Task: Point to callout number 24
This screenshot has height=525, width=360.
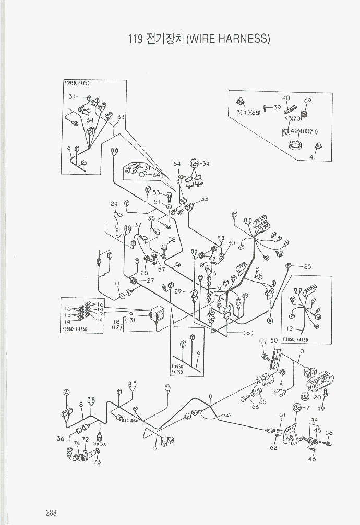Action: click(114, 204)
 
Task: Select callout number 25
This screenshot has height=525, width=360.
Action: click(307, 267)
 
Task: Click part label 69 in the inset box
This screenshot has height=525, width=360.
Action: click(307, 101)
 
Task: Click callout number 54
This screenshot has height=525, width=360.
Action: click(177, 165)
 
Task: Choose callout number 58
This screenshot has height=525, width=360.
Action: click(171, 240)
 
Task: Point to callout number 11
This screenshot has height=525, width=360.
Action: click(118, 283)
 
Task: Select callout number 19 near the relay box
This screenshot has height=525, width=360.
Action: click(130, 315)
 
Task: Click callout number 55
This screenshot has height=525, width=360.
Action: click(262, 342)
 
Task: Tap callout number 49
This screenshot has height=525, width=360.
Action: click(321, 408)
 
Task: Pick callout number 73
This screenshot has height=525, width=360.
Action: click(97, 461)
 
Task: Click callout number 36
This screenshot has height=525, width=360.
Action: click(61, 438)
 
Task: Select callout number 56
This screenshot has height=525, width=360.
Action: click(329, 433)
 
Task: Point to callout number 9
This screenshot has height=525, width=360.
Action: click(156, 447)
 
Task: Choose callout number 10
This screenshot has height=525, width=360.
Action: click(301, 352)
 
